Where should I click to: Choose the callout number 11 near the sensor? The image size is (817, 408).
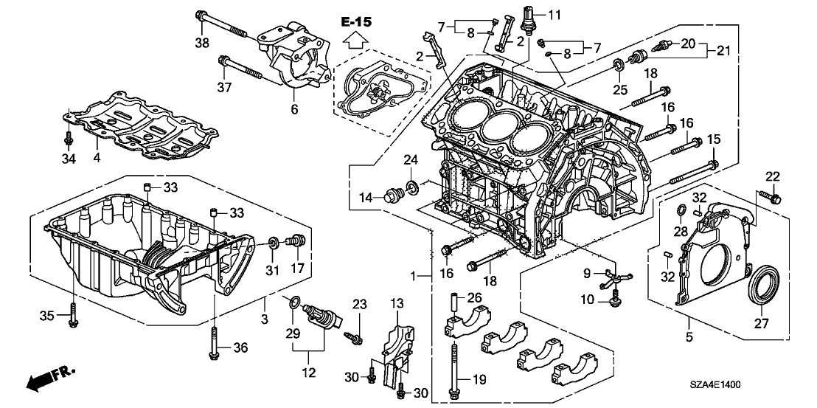[554, 14]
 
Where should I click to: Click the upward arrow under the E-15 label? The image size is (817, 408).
[357, 42]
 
